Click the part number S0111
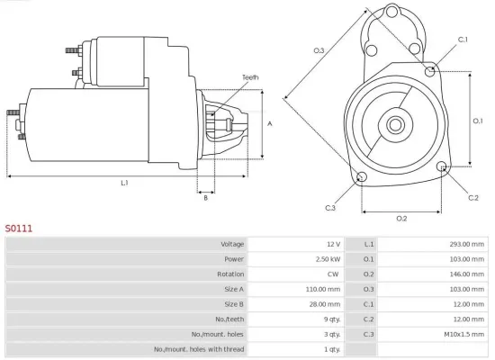(x=19, y=229)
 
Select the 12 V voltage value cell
(x=333, y=244)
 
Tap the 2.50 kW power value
(x=327, y=259)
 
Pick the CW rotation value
(x=334, y=274)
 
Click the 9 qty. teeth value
(x=330, y=319)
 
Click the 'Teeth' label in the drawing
(x=249, y=78)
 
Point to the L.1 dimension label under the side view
(x=125, y=184)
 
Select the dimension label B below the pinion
(x=205, y=199)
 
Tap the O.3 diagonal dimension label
(x=319, y=50)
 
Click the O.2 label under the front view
(x=401, y=219)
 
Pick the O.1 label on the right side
(x=478, y=120)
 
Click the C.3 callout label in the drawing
(x=330, y=209)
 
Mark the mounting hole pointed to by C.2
(x=442, y=167)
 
